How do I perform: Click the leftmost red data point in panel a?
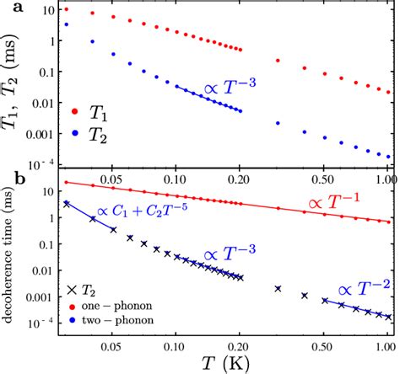[67, 9]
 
